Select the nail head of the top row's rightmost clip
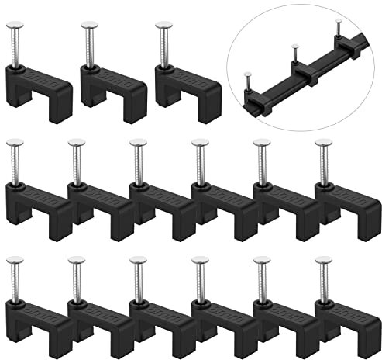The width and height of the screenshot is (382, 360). [163, 24]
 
